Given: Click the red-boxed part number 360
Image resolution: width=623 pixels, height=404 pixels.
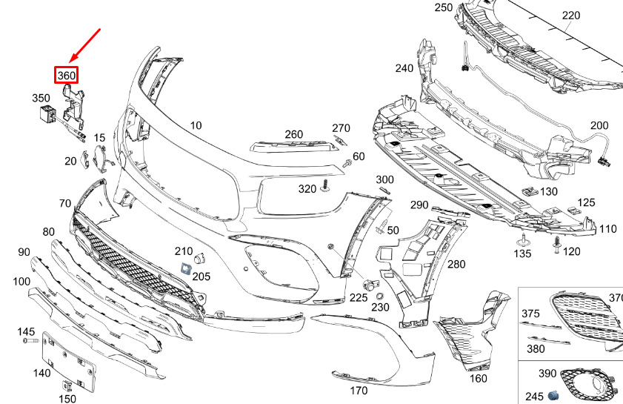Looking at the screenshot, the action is [67, 75].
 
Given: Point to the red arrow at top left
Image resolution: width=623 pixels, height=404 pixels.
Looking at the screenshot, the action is [85, 45].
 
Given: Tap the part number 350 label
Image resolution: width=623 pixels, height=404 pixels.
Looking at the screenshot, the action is [41, 98].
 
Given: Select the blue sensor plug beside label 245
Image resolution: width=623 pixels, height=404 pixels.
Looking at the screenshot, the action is [553, 395].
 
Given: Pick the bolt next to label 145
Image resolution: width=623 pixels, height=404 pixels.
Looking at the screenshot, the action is [30, 341].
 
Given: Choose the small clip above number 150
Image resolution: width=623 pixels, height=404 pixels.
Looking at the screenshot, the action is [66, 386].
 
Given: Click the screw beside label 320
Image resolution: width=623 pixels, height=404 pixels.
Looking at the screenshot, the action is [326, 186].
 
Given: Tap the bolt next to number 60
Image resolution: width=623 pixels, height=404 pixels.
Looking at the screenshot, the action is [347, 163].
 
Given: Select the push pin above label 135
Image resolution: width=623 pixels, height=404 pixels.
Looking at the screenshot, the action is [522, 240].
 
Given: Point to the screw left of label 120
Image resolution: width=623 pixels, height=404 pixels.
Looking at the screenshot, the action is [557, 245].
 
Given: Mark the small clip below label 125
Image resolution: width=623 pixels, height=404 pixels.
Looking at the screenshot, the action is [573, 211].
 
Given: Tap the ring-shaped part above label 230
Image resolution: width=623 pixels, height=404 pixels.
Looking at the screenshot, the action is [380, 297].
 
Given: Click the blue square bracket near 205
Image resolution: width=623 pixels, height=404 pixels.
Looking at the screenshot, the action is [186, 268].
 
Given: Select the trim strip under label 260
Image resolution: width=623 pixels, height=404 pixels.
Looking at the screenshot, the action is [294, 147].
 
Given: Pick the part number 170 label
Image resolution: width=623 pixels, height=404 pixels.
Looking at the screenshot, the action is [359, 391].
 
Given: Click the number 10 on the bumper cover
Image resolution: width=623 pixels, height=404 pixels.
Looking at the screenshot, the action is [196, 126].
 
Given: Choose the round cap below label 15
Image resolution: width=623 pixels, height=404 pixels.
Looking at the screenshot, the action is [100, 159].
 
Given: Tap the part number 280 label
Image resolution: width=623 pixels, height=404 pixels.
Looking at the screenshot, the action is [456, 264].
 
